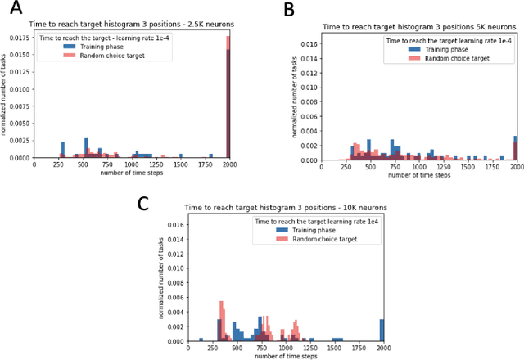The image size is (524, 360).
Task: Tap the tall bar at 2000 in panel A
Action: (x=228, y=98)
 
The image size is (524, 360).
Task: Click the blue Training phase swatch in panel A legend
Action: (x=70, y=47)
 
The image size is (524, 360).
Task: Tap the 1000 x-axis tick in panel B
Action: (x=418, y=167)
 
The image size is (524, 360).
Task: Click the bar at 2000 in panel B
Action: (x=515, y=148)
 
